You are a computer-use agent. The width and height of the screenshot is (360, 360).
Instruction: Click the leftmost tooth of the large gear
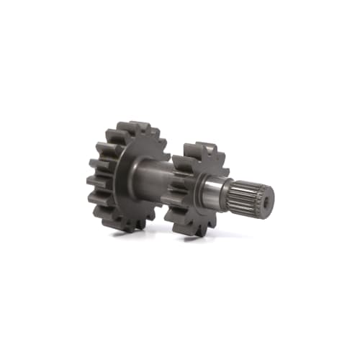pyautogui.click(x=92, y=180)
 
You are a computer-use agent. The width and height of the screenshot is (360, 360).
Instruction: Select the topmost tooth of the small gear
pyautogui.click(x=196, y=148)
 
